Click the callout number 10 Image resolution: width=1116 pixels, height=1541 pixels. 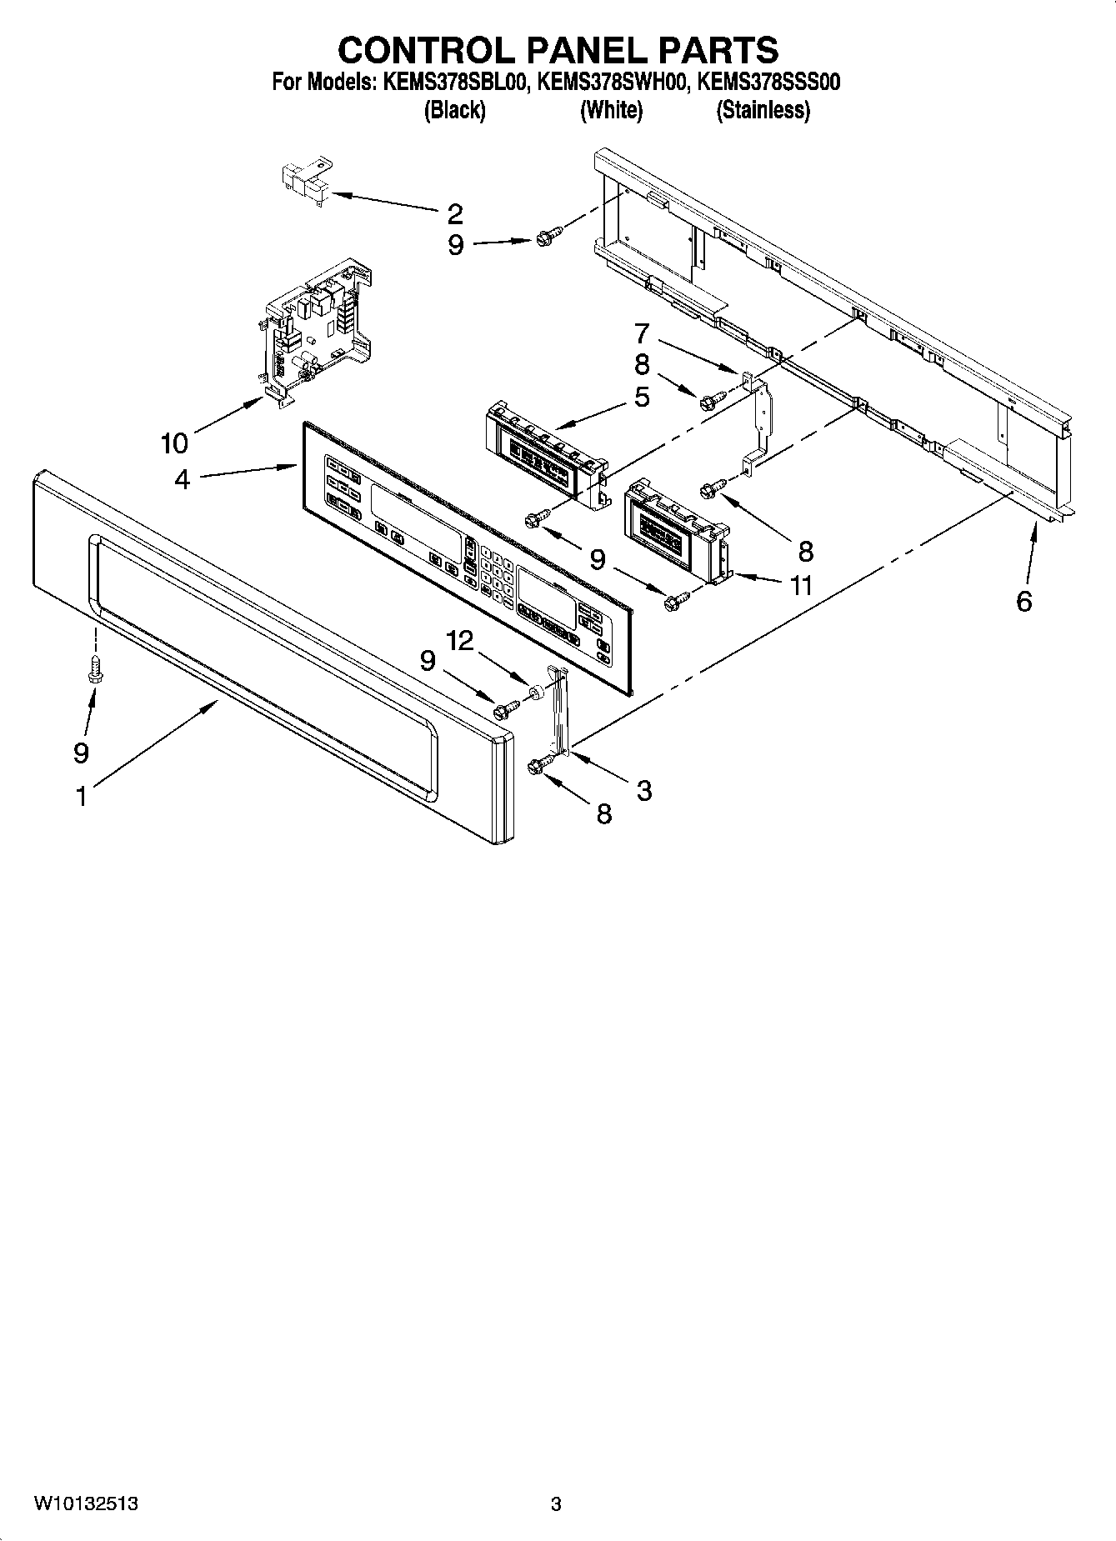[174, 443]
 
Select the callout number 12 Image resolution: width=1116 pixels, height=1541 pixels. [459, 640]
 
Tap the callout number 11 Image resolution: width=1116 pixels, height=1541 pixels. [801, 585]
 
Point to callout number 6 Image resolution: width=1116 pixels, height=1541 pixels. [1024, 600]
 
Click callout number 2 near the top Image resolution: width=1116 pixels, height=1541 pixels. [454, 214]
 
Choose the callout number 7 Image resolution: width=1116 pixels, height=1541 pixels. [641, 333]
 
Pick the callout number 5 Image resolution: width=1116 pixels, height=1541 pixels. [641, 397]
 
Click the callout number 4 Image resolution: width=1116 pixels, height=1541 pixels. [183, 480]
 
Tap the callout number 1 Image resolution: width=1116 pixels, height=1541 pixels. [81, 797]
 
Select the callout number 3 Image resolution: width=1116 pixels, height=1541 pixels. [643, 790]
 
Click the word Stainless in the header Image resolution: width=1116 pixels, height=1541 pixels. [763, 110]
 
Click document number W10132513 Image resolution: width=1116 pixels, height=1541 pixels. [86, 1504]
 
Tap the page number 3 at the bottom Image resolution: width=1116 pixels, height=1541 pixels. [556, 1504]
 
